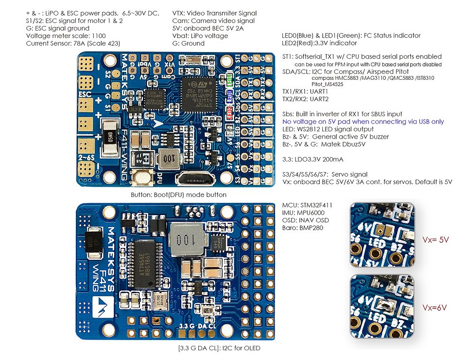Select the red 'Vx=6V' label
(435, 307)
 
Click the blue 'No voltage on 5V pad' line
(363, 121)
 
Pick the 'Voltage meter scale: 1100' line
(60, 36)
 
